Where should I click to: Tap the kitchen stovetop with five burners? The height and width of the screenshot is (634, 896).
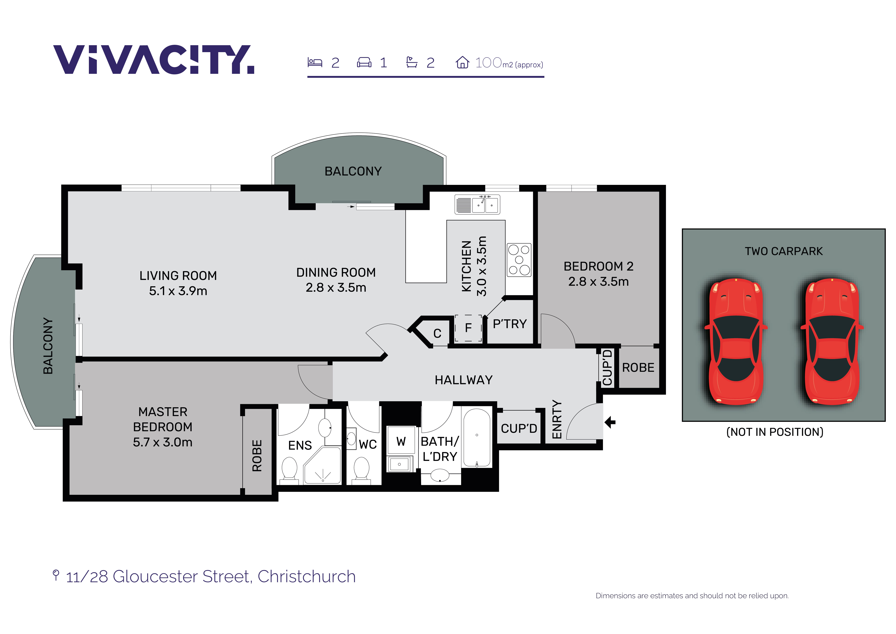(519, 260)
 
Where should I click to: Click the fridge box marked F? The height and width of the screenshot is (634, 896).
(468, 328)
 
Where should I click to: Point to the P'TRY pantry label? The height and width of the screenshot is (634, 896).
(510, 324)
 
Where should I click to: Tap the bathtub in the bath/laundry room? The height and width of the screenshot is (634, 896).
(477, 438)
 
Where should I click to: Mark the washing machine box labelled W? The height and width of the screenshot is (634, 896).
(401, 441)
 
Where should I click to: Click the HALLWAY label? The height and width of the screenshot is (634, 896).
(464, 380)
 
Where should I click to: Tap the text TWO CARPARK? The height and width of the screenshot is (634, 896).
(784, 251)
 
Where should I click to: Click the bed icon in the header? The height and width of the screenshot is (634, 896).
(315, 63)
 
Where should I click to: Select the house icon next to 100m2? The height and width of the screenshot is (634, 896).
(462, 62)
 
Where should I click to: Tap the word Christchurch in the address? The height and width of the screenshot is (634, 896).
(307, 577)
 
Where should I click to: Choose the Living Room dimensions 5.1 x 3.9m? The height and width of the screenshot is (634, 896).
(178, 291)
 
